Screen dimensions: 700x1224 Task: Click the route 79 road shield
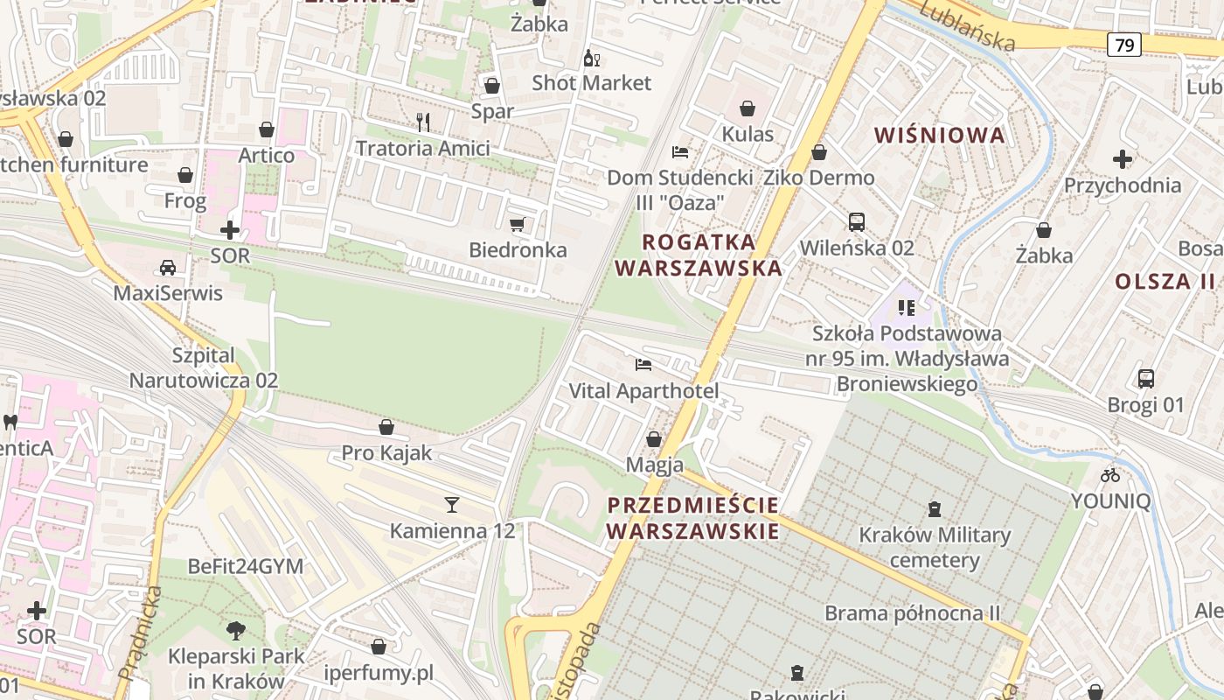click(1124, 45)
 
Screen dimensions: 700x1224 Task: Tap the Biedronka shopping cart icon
click(517, 225)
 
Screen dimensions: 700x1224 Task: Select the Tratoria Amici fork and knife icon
click(423, 122)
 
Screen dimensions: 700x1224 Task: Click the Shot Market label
click(592, 83)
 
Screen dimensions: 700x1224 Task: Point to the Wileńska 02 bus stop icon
click(856, 222)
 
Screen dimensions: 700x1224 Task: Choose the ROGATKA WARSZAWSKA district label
click(699, 255)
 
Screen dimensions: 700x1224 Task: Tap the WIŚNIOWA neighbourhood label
click(940, 136)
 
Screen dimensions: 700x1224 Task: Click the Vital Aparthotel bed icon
click(644, 365)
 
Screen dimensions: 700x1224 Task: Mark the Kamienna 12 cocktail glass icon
click(452, 504)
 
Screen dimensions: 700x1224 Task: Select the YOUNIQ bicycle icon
click(1110, 475)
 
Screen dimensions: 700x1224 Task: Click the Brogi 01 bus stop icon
click(1145, 379)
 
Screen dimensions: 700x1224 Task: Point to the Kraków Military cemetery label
click(935, 547)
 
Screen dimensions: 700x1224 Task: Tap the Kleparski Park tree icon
click(235, 630)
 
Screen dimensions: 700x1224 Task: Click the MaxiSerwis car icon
click(167, 267)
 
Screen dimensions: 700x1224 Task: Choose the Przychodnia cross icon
click(1123, 159)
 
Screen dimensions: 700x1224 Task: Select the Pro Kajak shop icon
click(386, 427)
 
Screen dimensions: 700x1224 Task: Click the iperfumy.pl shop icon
click(379, 647)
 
